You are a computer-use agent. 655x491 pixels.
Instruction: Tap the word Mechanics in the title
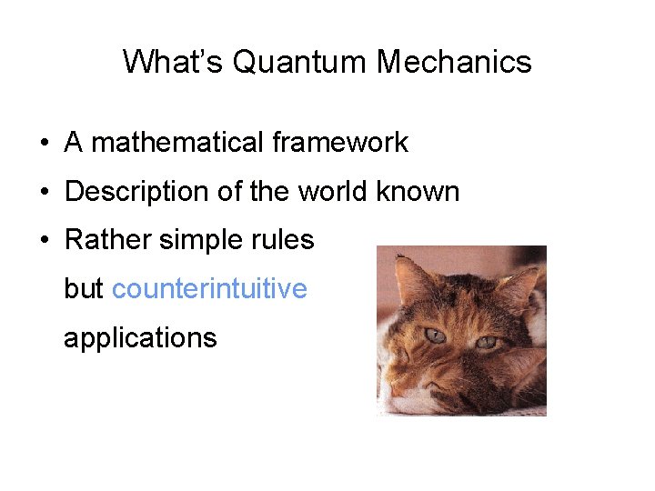454,62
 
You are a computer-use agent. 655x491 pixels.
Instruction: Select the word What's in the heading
173,62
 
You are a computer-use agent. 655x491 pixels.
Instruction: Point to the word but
84,289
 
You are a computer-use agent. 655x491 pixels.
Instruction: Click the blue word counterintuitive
209,289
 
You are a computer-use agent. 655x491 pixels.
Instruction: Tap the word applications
140,338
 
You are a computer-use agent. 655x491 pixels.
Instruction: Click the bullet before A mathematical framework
44,144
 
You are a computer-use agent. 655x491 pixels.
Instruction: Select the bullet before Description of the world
44,193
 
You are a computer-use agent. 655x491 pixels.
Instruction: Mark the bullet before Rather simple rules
44,241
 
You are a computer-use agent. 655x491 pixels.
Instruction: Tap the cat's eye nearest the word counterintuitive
436,336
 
